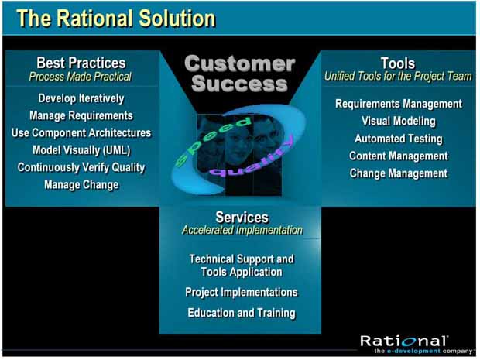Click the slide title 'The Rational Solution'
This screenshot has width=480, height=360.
click(116, 19)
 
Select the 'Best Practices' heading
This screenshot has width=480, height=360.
click(81, 63)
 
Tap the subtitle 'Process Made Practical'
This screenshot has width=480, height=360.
click(81, 77)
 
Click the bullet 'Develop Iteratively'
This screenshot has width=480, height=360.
click(81, 98)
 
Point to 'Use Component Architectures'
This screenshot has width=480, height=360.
click(81, 133)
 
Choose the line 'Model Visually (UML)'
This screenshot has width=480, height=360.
click(81, 150)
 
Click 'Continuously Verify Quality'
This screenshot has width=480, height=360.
click(81, 167)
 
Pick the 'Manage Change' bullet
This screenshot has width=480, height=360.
click(81, 185)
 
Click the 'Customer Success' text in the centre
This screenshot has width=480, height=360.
click(240, 74)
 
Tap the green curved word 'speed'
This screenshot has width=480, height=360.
click(214, 140)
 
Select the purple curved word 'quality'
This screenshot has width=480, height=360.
click(252, 159)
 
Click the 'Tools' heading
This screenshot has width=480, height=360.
click(398, 63)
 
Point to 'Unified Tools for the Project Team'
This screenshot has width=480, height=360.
click(398, 76)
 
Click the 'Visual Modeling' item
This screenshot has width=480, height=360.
click(398, 122)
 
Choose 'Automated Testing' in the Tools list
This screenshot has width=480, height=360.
click(398, 139)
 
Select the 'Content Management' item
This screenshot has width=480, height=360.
click(398, 156)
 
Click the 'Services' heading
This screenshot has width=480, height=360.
click(242, 218)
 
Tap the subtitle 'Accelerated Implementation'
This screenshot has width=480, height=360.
click(242, 230)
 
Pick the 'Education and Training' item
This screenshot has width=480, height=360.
click(242, 313)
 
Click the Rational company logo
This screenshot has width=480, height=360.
click(417, 344)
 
